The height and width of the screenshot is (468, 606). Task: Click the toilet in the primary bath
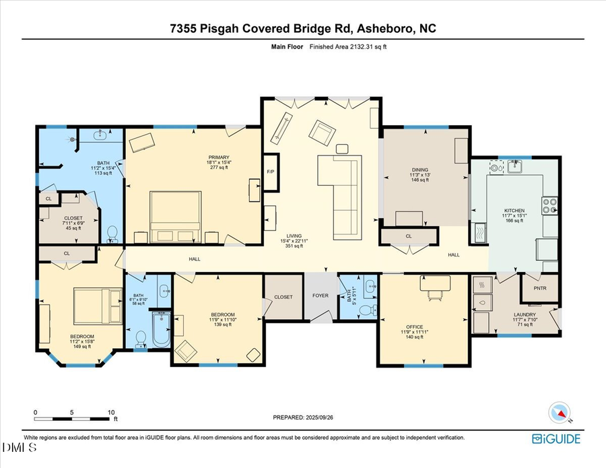coord(112,234)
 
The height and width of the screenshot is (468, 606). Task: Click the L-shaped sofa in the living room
coord(340,189)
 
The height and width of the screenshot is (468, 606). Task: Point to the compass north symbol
coord(560,412)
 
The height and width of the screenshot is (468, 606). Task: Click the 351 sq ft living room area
coord(294,246)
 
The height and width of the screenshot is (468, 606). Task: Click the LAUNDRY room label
coord(525,314)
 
